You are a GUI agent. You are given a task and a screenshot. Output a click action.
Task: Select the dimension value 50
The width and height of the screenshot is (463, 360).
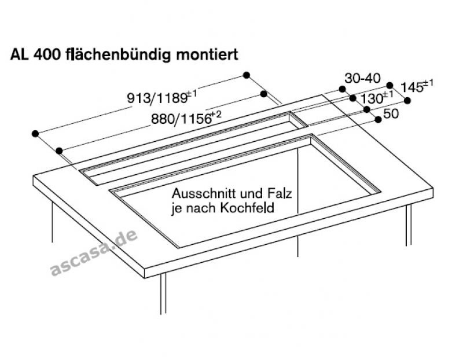[x=391, y=114]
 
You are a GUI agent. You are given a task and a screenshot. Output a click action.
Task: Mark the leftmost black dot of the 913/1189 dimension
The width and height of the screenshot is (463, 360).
[x=35, y=133]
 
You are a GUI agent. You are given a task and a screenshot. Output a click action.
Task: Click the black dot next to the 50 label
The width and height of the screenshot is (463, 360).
[x=379, y=119]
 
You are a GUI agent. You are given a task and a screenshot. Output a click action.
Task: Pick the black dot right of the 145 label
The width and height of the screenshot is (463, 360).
[x=407, y=101]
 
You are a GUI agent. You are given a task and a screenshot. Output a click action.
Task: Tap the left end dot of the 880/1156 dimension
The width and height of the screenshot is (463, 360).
[x=60, y=150]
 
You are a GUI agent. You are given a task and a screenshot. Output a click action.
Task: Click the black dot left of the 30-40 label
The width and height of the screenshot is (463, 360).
[x=342, y=89]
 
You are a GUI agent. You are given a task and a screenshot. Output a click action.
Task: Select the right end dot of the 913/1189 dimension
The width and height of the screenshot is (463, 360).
[x=247, y=75]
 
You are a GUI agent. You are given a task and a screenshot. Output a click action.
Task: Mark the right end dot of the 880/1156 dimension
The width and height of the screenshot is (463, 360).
[x=263, y=93]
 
